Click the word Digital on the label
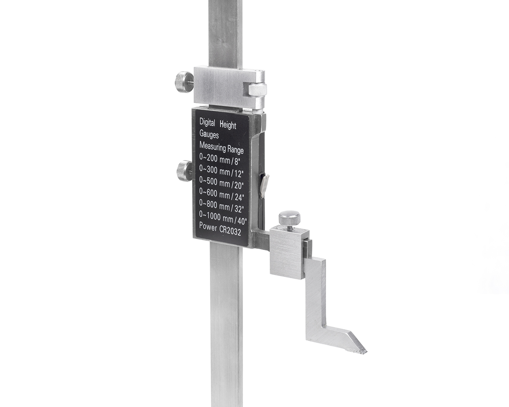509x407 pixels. coord(207,122)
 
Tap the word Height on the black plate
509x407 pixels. coord(228,125)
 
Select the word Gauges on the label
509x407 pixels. coord(209,134)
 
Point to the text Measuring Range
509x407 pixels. coord(221,148)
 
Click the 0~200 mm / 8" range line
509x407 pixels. coord(220,159)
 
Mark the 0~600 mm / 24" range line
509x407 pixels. coord(221,194)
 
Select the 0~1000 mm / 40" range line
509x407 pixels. coord(223,217)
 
